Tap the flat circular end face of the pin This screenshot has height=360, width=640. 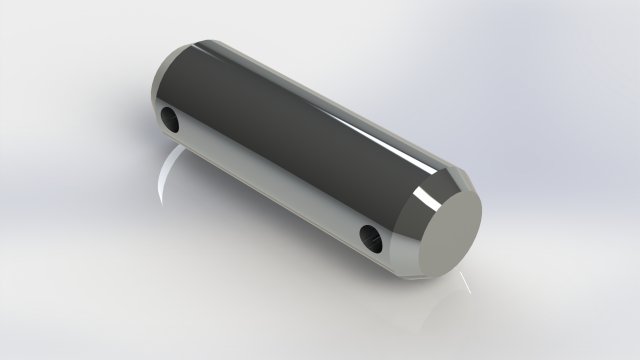[x=441, y=229]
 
